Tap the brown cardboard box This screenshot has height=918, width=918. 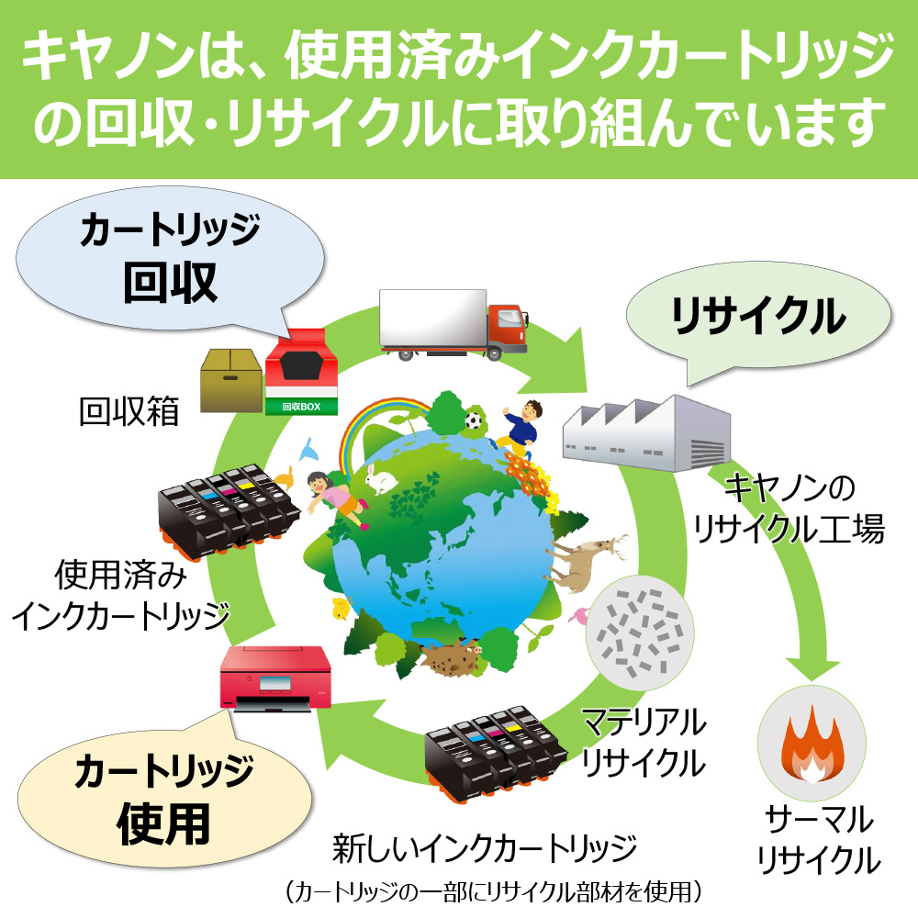[231, 381]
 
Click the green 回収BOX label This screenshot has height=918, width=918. [301, 407]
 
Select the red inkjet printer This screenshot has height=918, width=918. [275, 678]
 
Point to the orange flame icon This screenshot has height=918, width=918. [812, 744]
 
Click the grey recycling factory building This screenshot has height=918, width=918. [646, 433]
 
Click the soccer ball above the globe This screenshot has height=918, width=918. [473, 420]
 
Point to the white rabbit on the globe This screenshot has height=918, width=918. [380, 478]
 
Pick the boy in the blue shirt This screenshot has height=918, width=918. [519, 429]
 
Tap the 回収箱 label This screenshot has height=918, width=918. [129, 411]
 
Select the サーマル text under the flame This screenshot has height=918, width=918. [819, 820]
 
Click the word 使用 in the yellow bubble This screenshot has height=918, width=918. [164, 823]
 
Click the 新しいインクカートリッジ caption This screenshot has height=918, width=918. [485, 848]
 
